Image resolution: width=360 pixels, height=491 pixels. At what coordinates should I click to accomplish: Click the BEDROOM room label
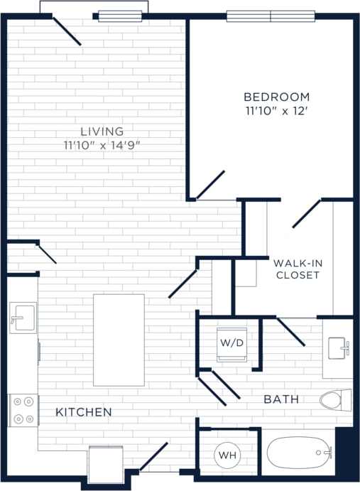click(276, 97)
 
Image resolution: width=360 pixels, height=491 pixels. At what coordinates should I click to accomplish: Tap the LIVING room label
click(102, 131)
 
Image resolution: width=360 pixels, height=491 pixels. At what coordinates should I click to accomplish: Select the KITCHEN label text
click(84, 412)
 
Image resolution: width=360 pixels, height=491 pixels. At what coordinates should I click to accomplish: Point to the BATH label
click(281, 400)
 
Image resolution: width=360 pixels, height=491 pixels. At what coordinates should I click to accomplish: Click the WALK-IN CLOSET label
click(298, 269)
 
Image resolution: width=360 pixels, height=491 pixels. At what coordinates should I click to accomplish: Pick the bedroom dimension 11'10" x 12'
click(276, 111)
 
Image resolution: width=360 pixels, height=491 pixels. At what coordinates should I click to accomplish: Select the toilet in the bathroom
click(334, 399)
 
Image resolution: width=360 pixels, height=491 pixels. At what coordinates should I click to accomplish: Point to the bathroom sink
click(338, 349)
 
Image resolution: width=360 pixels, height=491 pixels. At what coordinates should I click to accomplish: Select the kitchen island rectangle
click(119, 340)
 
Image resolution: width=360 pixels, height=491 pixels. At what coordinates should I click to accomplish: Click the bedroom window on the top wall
click(271, 16)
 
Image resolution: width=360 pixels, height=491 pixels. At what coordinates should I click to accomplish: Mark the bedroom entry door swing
click(210, 184)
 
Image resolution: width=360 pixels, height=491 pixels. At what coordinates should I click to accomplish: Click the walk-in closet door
click(306, 214)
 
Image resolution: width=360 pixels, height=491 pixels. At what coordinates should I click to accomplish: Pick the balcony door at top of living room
click(67, 31)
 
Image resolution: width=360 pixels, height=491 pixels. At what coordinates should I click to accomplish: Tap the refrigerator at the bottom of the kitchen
click(105, 463)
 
